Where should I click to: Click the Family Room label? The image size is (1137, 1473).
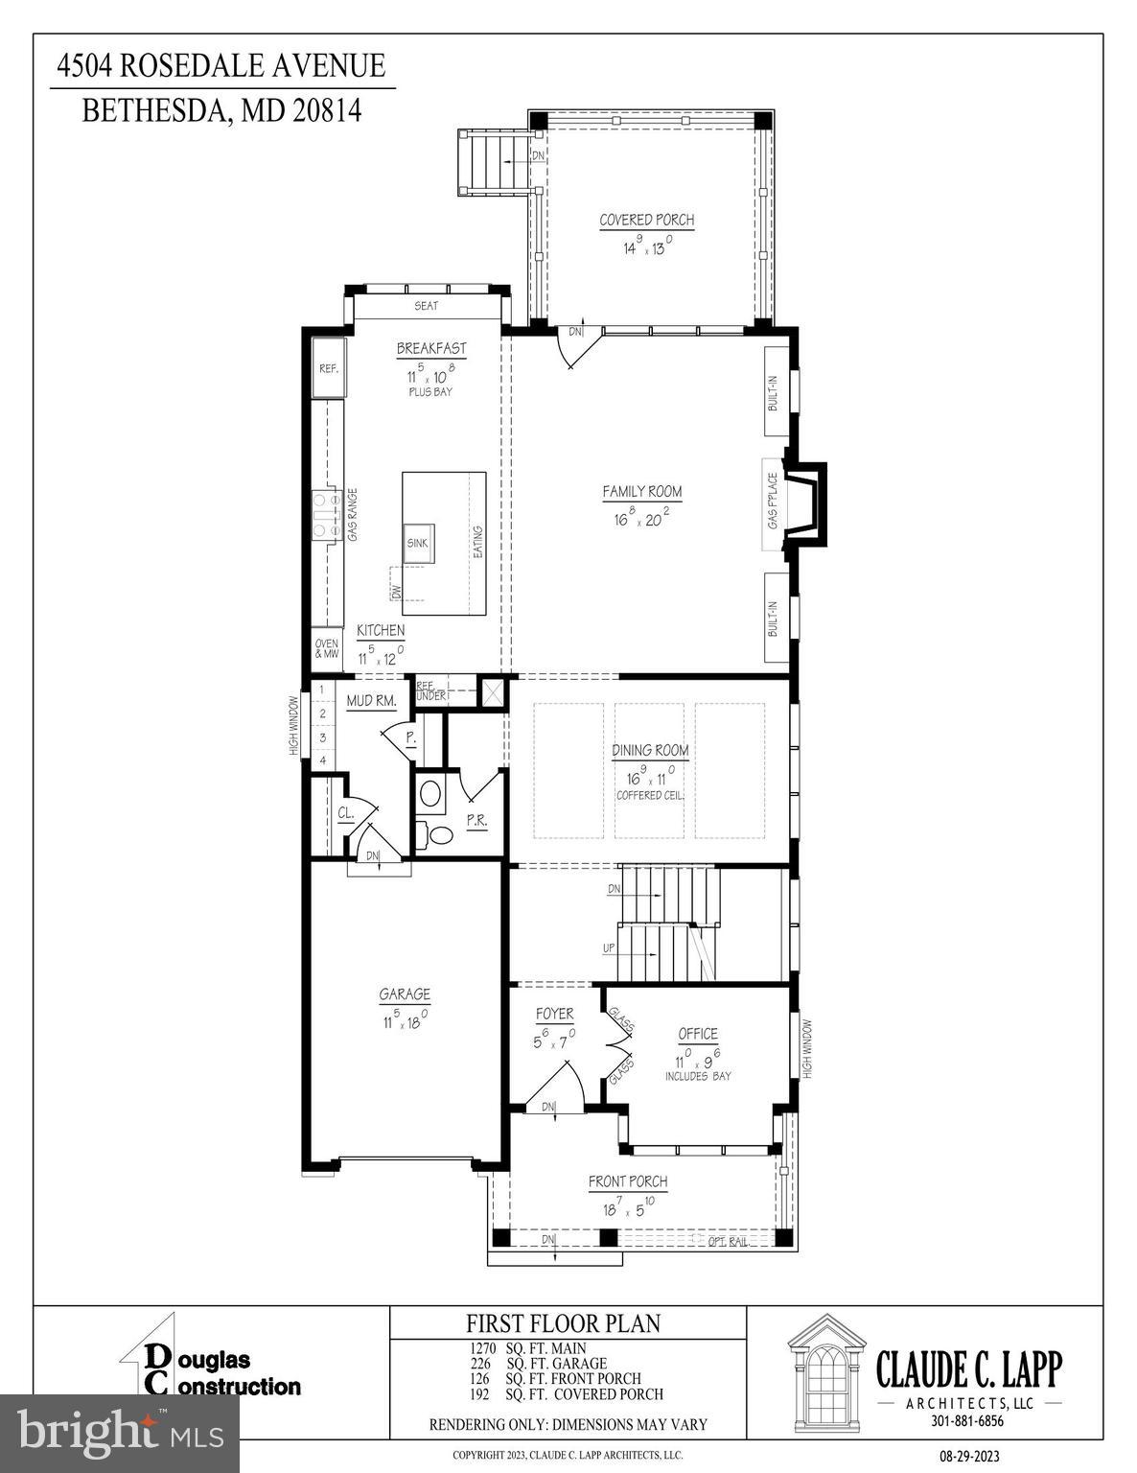point(641,492)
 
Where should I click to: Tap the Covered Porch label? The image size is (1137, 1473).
point(646,220)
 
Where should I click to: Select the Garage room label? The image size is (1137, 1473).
point(404,994)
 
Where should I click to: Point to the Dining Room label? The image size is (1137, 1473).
point(651,750)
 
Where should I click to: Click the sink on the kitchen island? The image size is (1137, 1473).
point(418,542)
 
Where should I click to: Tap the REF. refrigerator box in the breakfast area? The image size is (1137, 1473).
point(329,368)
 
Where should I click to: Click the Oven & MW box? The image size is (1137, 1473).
point(326,648)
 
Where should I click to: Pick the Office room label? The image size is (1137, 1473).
point(697,1034)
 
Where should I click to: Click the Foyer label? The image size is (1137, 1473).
point(554,1014)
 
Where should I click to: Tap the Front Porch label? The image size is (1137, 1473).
point(628,1181)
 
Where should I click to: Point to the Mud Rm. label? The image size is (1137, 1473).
point(371,701)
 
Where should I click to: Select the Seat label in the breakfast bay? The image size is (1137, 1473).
point(426,306)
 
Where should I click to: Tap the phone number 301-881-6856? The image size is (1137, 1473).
point(967,1420)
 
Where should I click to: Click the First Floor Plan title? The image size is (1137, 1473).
point(563,1323)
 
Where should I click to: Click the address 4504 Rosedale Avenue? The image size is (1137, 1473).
point(221,66)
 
